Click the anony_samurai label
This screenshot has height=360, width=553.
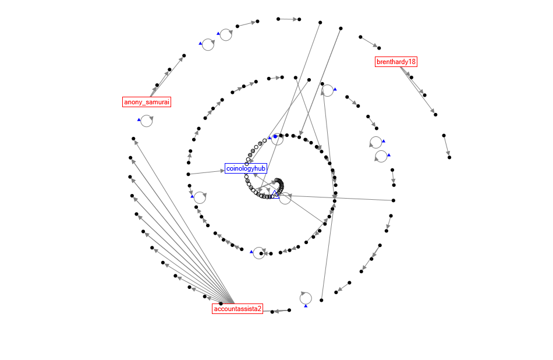point(147,102)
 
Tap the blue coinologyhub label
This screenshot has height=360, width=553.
point(246,168)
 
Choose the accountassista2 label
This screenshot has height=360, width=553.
point(237,309)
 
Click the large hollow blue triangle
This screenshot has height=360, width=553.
point(277,195)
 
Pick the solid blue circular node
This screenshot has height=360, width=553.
point(275,136)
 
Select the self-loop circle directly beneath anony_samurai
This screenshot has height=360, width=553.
point(147,121)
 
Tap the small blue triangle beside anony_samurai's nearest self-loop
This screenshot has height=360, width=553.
point(139,119)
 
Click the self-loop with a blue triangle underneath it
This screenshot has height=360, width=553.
point(306,298)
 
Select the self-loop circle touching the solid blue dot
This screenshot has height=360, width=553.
point(278,139)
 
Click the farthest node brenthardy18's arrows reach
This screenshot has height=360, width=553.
point(435,114)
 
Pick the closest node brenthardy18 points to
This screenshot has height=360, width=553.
point(411,77)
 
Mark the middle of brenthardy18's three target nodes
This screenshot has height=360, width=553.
point(423,94)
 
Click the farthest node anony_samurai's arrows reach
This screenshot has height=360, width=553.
point(184,56)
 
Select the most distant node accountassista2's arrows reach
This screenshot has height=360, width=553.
point(133,139)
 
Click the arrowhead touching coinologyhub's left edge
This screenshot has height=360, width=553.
point(222,170)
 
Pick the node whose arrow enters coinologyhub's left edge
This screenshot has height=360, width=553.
point(188,174)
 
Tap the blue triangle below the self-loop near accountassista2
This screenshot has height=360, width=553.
point(306,306)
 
